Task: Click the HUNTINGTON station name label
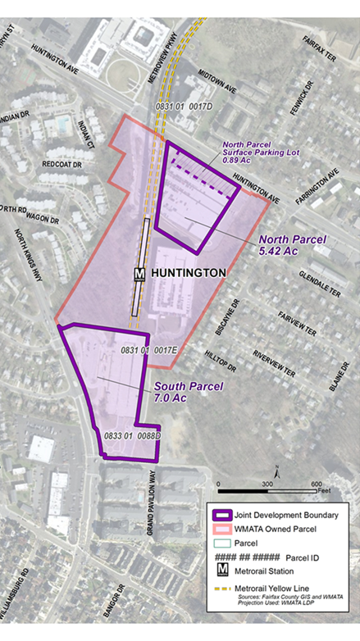pyautogui.click(x=188, y=273)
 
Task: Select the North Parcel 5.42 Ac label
pyautogui.click(x=293, y=245)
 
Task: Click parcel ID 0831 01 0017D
pyautogui.click(x=185, y=107)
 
